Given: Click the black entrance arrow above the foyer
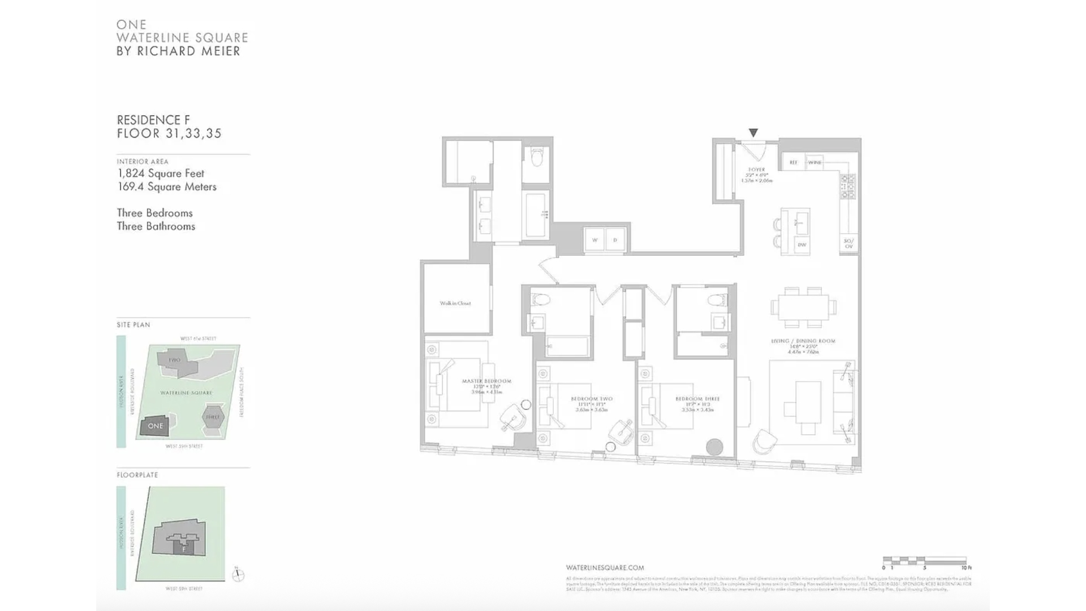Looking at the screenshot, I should (x=753, y=132).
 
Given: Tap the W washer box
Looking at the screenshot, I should (x=594, y=240).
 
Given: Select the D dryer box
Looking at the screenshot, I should (x=615, y=240).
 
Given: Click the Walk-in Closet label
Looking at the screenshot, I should (x=455, y=303).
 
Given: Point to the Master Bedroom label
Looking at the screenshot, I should (x=486, y=381).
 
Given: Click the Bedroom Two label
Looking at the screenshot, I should (x=592, y=399).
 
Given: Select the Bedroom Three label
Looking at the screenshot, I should (x=697, y=399).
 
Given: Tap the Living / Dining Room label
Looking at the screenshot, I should (x=803, y=341).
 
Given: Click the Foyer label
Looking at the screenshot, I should (x=756, y=170).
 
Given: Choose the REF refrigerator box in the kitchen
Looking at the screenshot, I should (x=794, y=162).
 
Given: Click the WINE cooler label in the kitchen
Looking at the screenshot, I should (x=815, y=162).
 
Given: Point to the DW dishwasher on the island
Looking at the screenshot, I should (x=802, y=245).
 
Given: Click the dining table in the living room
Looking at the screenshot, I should (x=803, y=308).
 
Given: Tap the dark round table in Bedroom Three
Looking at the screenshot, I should (x=714, y=447).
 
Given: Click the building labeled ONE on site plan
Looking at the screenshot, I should (x=155, y=426).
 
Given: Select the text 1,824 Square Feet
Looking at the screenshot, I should (x=161, y=174).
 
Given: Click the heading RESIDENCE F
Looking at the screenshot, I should (x=153, y=120).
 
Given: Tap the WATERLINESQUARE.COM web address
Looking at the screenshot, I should (x=605, y=567).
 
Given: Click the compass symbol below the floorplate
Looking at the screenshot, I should (x=239, y=575).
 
